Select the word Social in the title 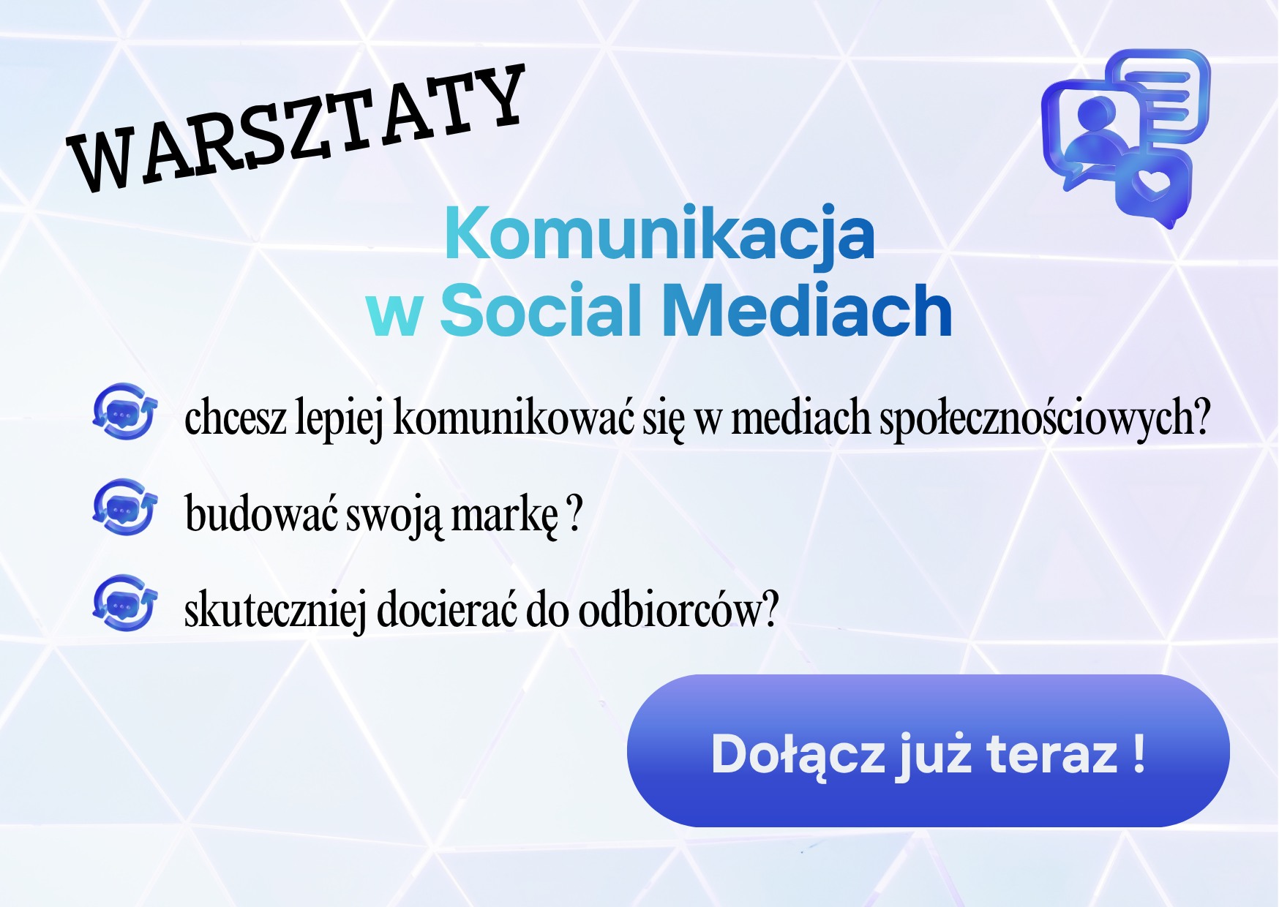click(x=541, y=311)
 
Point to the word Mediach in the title click(x=807, y=311)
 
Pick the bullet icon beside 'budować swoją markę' click(x=124, y=507)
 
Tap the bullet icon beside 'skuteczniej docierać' click(x=124, y=603)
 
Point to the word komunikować click(x=513, y=418)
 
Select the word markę click(x=504, y=515)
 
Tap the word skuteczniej click(x=275, y=611)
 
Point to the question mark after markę click(x=575, y=513)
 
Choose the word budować click(x=261, y=513)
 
